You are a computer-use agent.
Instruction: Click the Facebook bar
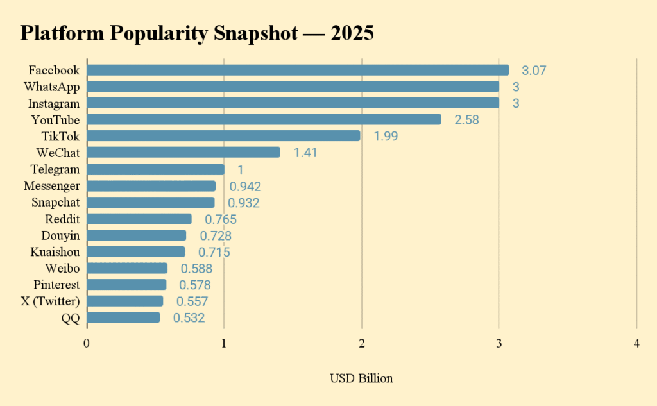[x=298, y=70]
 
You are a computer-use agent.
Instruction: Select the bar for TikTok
[x=223, y=136]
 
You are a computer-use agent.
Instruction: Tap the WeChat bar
[x=183, y=152]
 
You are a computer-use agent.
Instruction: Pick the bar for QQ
[x=123, y=317]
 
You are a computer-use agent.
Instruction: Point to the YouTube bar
[x=264, y=119]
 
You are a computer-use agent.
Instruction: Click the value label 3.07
[x=534, y=71]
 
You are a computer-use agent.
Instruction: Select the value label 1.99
[x=385, y=137]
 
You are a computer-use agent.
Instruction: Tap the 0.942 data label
[x=245, y=187]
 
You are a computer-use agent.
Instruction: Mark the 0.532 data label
[x=189, y=318]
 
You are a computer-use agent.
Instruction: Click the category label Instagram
[x=54, y=103]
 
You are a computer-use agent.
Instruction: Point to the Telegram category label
[x=55, y=169]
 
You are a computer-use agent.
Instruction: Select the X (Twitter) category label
[x=50, y=301]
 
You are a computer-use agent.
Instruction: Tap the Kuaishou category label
[x=55, y=252]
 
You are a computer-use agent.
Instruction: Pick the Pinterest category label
[x=56, y=285]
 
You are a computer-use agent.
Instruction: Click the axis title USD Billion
[x=361, y=378]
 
